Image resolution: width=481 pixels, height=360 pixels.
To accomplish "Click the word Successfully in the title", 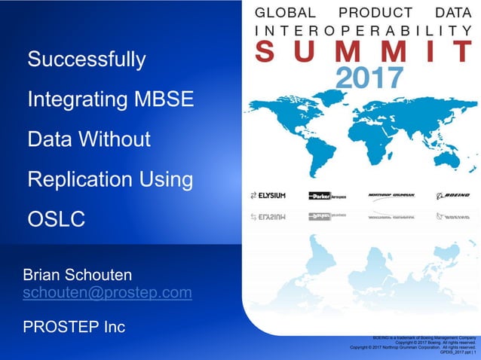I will pos(87,59).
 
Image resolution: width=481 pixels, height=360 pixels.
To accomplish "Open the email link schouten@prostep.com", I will pos(107,292).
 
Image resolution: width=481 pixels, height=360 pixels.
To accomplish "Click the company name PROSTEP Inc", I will pos(74,327).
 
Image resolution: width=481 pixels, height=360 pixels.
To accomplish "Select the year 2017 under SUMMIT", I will pos(369,77).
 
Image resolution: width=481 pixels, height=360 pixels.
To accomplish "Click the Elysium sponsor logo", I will pos(268,196).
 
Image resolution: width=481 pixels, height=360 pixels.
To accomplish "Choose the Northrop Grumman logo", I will pos(391,196).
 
